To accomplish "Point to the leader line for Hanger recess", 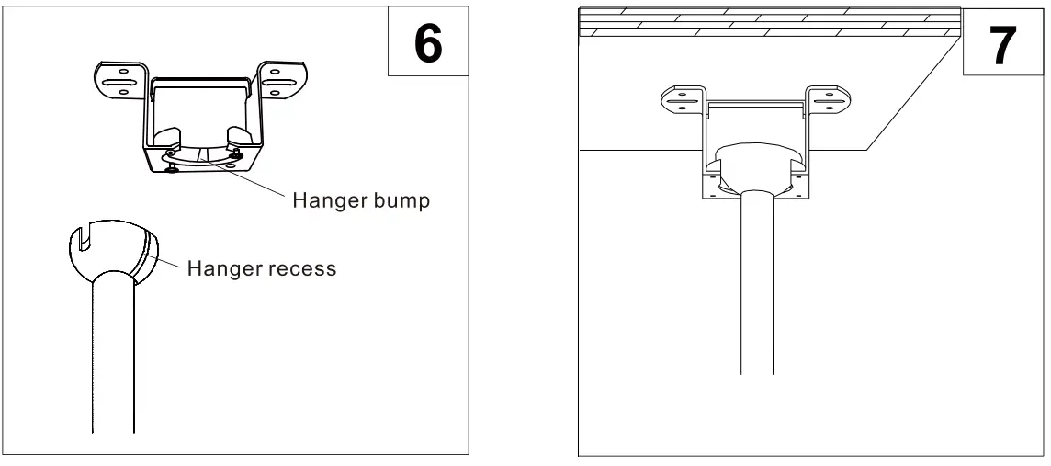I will [170, 264].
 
